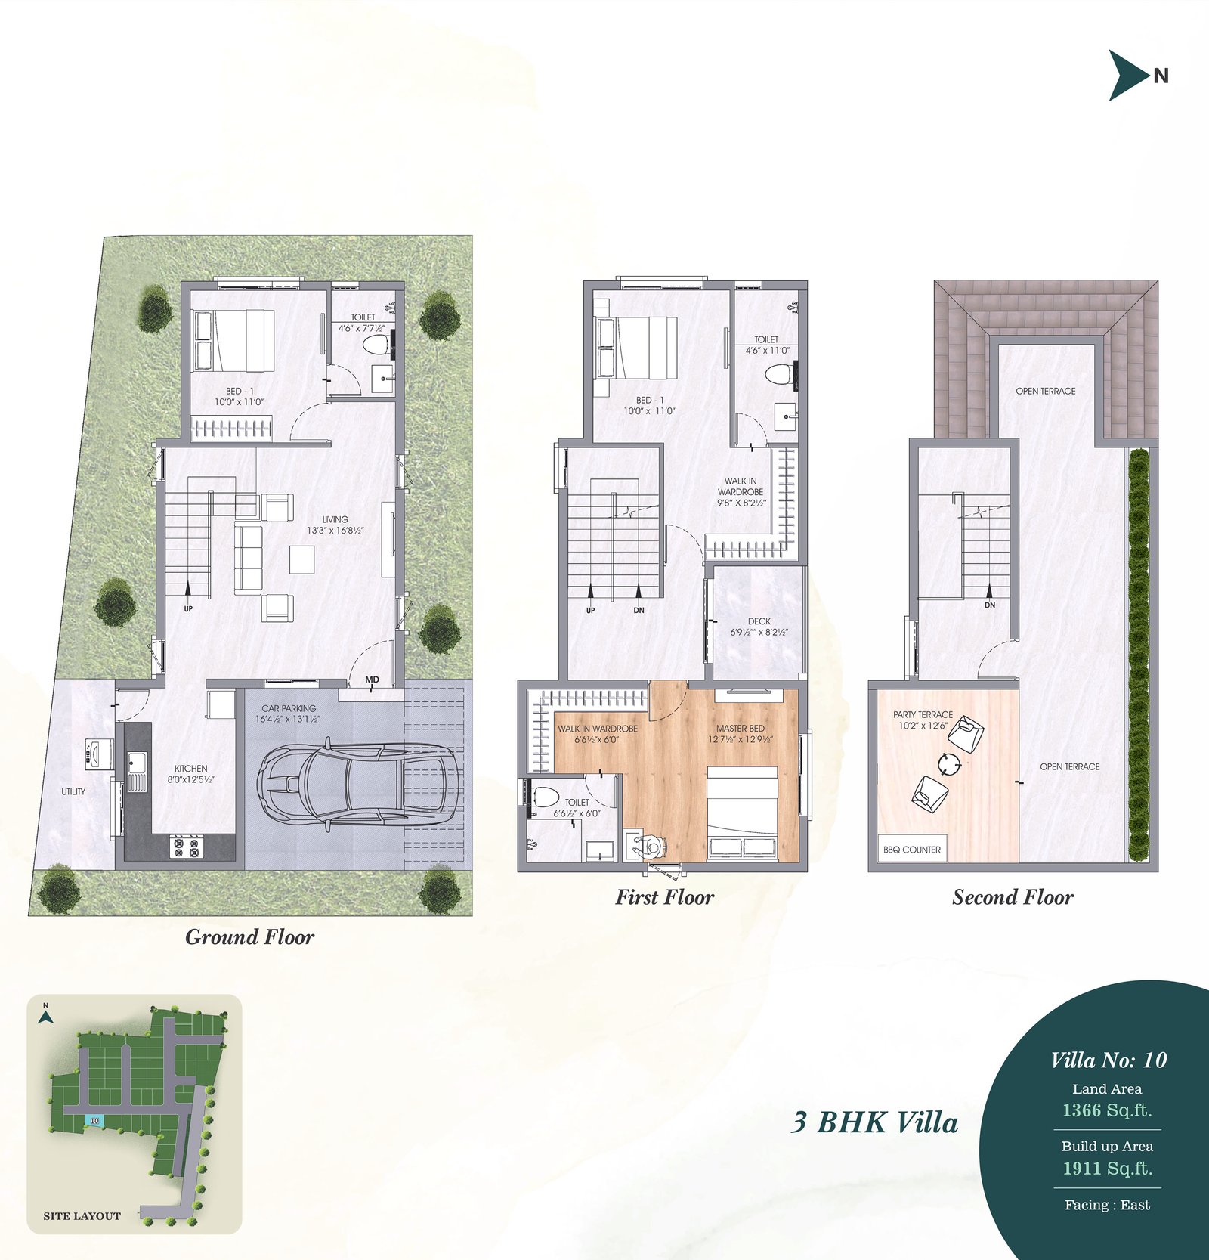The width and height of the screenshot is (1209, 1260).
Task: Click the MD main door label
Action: coord(372,680)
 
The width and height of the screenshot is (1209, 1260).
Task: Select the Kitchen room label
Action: coord(190,768)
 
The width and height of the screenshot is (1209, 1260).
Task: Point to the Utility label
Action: coord(73,791)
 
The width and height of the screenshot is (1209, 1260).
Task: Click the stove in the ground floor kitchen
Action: coord(187,846)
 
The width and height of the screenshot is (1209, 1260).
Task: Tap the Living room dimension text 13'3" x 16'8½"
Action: coord(335,531)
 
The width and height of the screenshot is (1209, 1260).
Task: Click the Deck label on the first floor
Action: coord(759,621)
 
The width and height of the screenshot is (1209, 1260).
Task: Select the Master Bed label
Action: coord(740,729)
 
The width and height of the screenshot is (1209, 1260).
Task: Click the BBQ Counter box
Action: coord(911,849)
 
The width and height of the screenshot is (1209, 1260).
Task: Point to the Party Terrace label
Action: coord(923,714)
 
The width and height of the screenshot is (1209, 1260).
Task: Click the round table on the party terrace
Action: coord(949,764)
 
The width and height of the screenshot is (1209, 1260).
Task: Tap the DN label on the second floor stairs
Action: coord(990,605)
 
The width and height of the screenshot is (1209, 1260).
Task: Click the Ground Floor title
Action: coord(249,937)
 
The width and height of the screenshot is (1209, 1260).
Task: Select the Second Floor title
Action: coord(1013,897)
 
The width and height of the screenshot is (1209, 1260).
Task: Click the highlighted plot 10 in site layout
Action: coord(94,1120)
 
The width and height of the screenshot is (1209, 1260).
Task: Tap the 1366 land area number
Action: coord(1081,1110)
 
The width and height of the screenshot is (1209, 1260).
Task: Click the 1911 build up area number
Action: coord(1081,1169)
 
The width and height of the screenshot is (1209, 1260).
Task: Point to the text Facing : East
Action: coord(1107,1205)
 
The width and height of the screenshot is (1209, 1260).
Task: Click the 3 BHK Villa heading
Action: coord(874,1122)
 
